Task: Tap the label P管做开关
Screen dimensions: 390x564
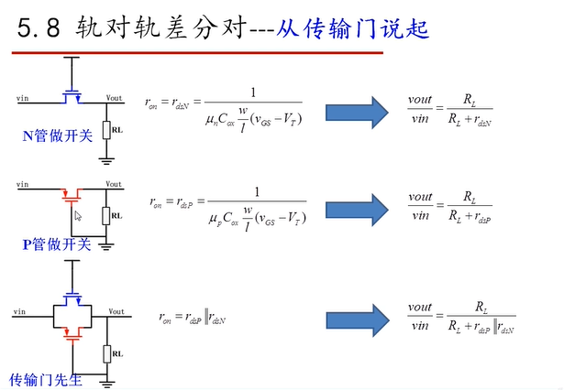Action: coord(56,244)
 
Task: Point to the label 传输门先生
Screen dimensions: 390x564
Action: coord(45,379)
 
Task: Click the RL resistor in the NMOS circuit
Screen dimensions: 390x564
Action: coord(106,130)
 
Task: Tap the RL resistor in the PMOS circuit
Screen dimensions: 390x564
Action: coord(106,216)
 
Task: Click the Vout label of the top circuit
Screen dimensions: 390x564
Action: coord(114,97)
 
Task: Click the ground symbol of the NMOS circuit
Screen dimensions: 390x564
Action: coord(106,158)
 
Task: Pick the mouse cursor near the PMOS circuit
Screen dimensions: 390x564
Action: coord(78,217)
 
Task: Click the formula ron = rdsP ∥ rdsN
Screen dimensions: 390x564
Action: coord(194,318)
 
